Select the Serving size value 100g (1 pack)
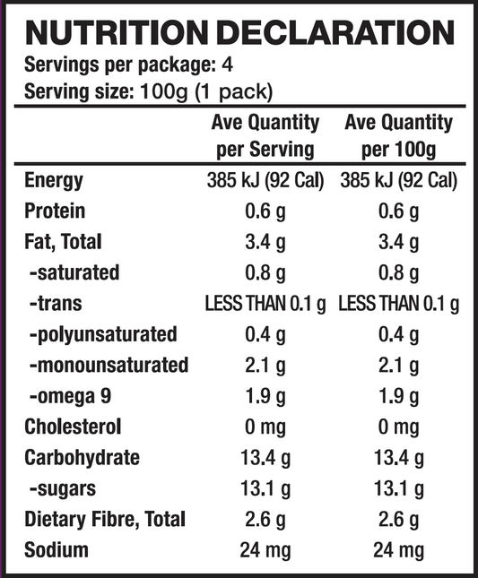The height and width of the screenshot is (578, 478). click(206, 91)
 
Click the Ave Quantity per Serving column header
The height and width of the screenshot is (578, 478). click(265, 135)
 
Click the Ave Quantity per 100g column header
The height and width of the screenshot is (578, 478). click(398, 135)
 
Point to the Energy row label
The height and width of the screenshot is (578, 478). click(54, 180)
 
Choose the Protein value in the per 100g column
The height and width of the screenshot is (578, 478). click(398, 211)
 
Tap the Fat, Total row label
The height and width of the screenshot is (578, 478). click(63, 242)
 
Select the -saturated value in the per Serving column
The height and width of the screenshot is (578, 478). click(265, 272)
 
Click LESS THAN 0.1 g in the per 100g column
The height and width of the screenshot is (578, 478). click(398, 304)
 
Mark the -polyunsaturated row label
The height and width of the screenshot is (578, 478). click(102, 334)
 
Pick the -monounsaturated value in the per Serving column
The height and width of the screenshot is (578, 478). click(265, 366)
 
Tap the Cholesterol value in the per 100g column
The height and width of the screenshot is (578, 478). click(398, 427)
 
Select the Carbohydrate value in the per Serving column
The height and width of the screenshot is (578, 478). click(265, 458)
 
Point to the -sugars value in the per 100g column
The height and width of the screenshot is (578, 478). click(398, 489)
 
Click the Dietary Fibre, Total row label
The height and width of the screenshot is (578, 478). click(105, 520)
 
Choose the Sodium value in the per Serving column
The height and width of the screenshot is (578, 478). click(265, 550)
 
